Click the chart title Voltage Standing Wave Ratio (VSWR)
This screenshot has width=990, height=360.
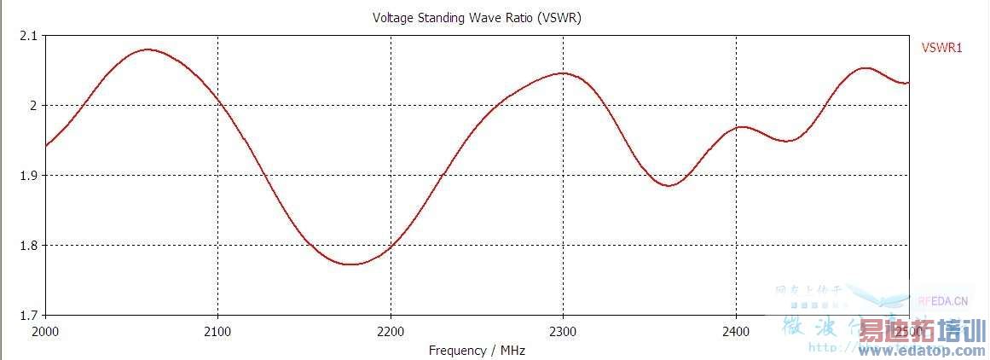[477, 17]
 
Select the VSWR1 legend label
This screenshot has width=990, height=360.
[941, 49]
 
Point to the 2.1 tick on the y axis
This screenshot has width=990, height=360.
[28, 36]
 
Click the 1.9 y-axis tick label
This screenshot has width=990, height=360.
[28, 176]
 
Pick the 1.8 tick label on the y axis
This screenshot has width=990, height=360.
[28, 246]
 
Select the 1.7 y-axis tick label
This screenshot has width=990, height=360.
[28, 315]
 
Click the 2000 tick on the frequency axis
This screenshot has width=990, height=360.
[45, 330]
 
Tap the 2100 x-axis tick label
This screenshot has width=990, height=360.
[218, 330]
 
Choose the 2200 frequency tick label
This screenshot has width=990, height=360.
[391, 330]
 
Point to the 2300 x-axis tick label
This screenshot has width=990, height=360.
[563, 330]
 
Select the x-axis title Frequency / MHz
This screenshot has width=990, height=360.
[478, 350]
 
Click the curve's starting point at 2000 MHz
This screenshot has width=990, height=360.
[45, 146]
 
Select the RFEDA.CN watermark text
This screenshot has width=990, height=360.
[943, 300]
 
